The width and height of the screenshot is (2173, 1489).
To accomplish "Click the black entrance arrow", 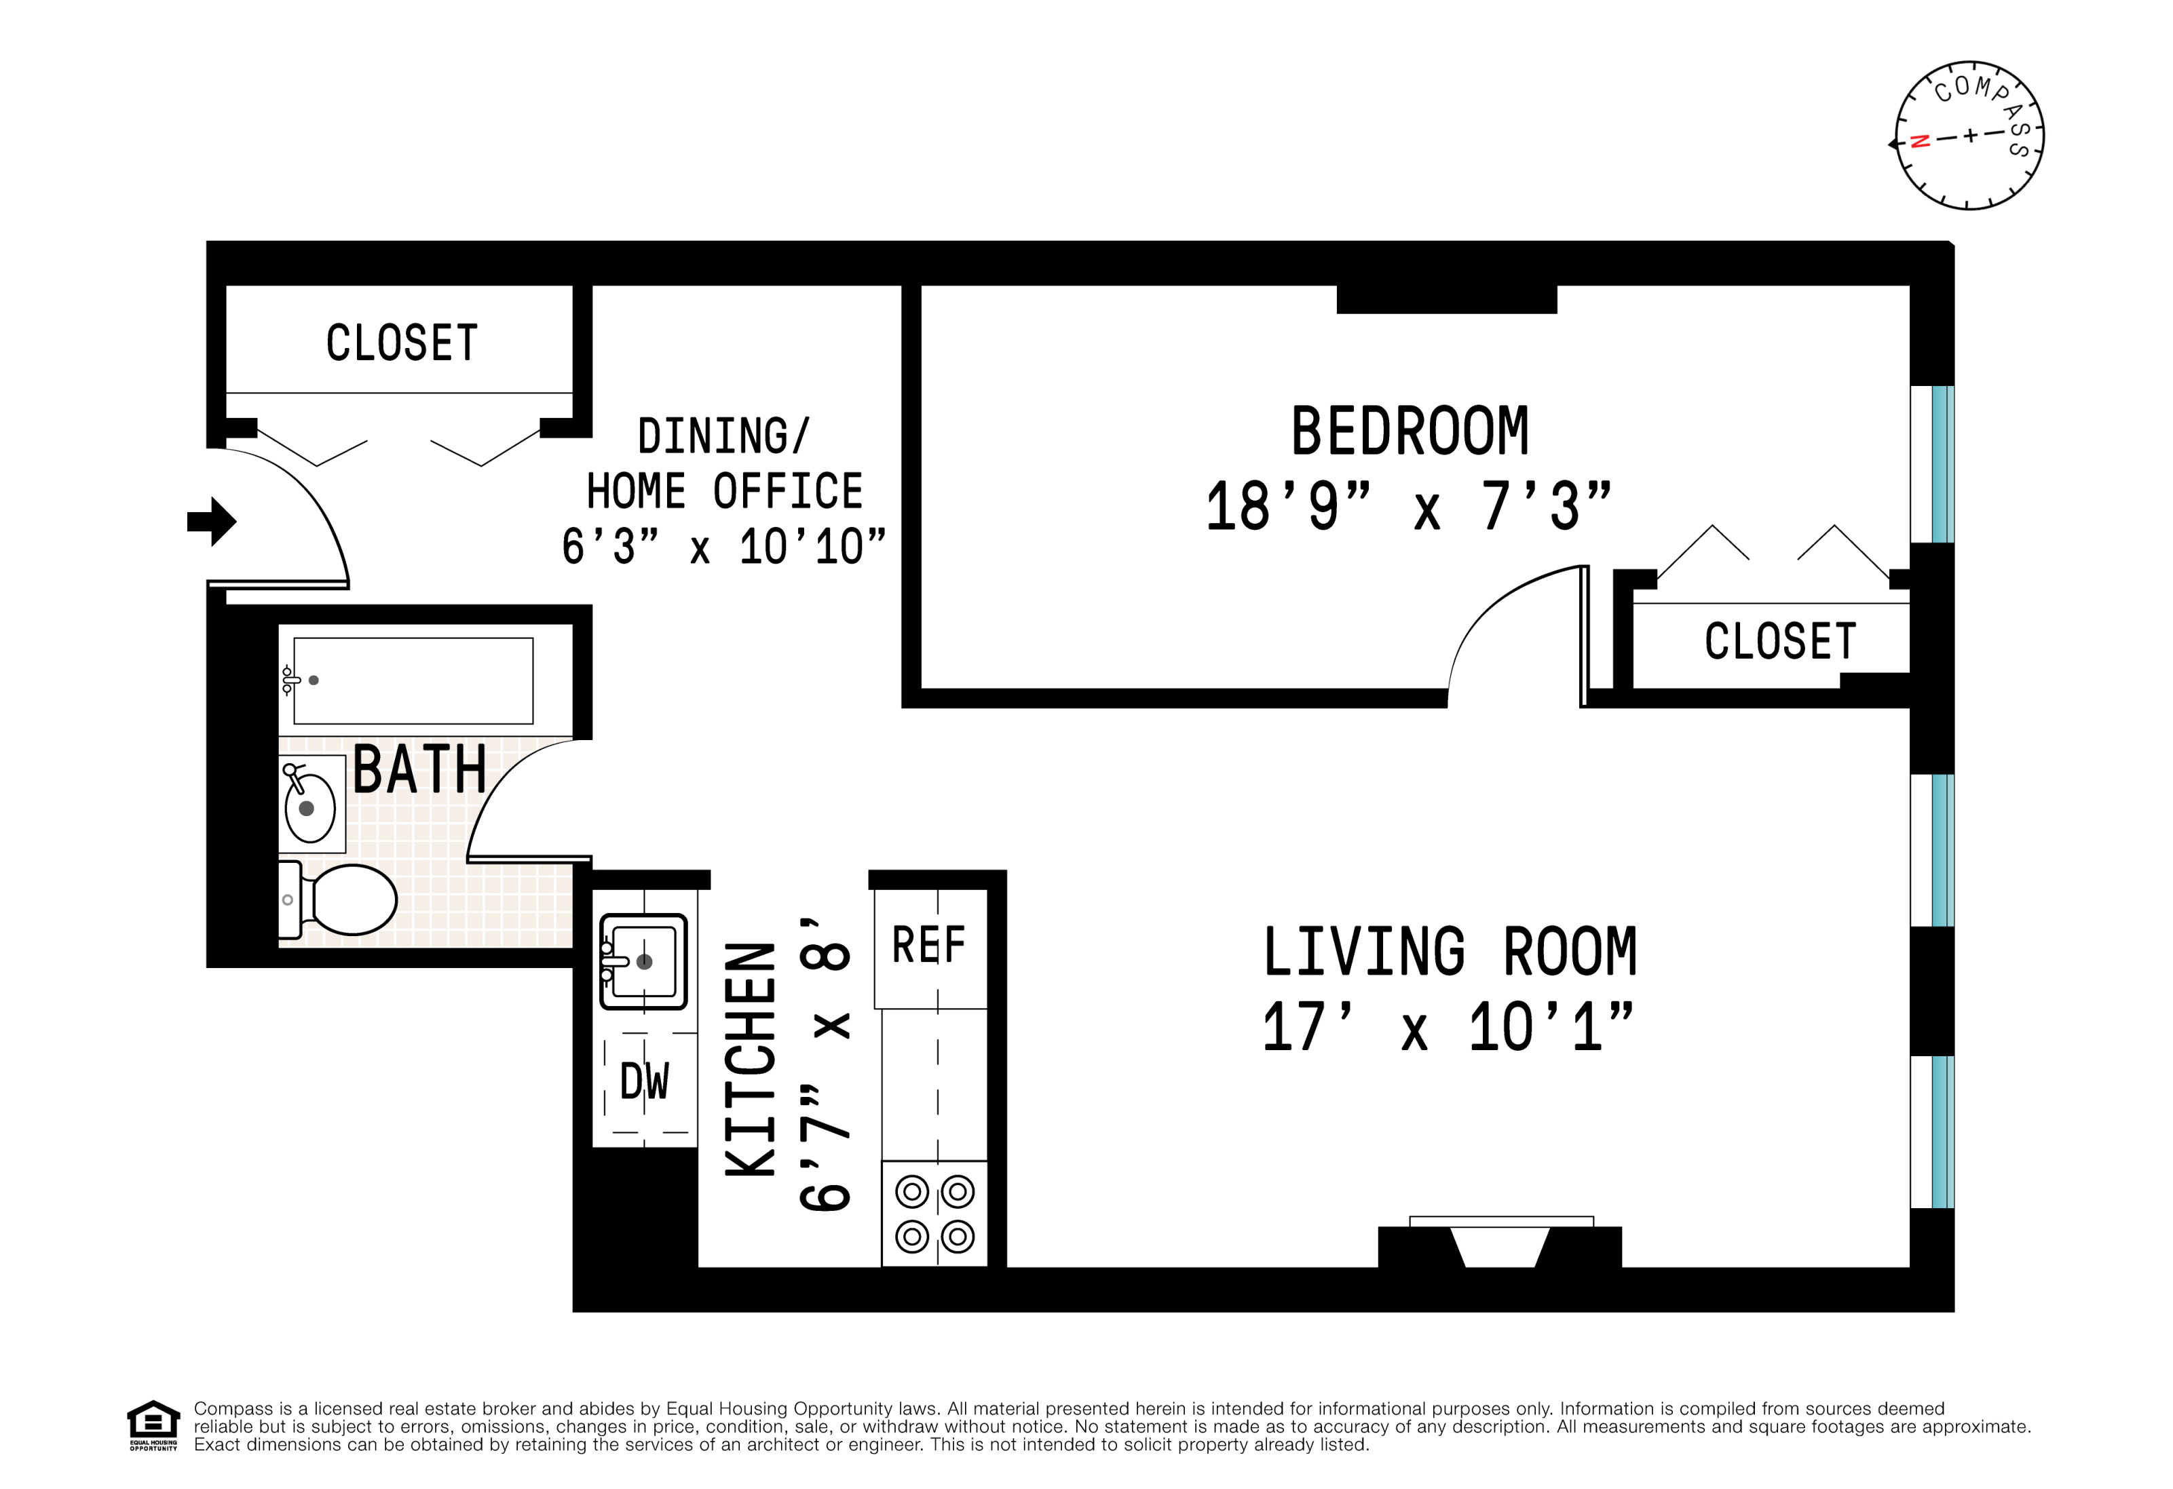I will (212, 522).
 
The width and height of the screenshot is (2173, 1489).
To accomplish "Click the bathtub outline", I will (413, 680).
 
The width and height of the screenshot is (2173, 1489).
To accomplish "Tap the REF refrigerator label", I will (928, 944).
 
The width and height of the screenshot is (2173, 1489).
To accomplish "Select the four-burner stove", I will (934, 1214).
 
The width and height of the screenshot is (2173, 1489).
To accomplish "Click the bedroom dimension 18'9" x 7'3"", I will (1408, 507).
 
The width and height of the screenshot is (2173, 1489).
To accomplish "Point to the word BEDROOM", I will (1409, 432).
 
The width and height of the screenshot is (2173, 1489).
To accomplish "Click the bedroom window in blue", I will (1943, 465).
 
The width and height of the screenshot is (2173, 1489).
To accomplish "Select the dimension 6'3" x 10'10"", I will (723, 546).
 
